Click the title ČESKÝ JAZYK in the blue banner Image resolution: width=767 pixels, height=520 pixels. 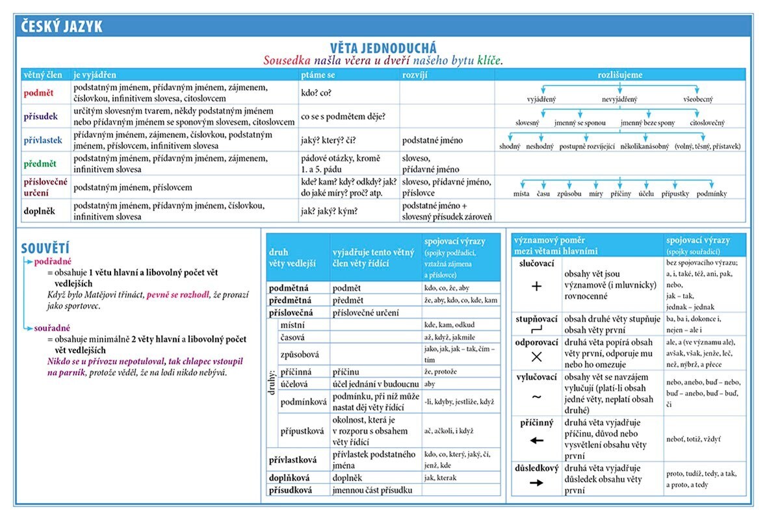(x=62, y=27)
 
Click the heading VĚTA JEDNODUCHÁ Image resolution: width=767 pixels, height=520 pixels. (x=383, y=47)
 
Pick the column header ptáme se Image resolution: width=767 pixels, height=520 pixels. (x=317, y=75)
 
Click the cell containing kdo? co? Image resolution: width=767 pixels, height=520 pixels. (x=316, y=93)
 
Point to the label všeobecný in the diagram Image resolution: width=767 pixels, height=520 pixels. (x=697, y=99)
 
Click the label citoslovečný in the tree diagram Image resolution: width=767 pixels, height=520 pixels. (x=707, y=123)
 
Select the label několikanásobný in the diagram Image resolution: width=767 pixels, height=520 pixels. (x=644, y=147)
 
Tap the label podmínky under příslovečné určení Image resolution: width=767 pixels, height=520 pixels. (x=711, y=194)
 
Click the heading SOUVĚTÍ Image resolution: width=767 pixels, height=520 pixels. (x=45, y=248)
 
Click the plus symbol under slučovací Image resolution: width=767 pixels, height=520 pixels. (x=536, y=286)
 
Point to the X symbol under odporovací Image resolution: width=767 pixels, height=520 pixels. (x=536, y=356)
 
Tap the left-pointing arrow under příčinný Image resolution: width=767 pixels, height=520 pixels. (x=536, y=440)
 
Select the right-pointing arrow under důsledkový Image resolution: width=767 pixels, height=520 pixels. (x=536, y=483)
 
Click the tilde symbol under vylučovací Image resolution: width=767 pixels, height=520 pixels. (x=536, y=396)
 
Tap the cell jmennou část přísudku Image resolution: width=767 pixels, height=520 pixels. (x=372, y=490)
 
